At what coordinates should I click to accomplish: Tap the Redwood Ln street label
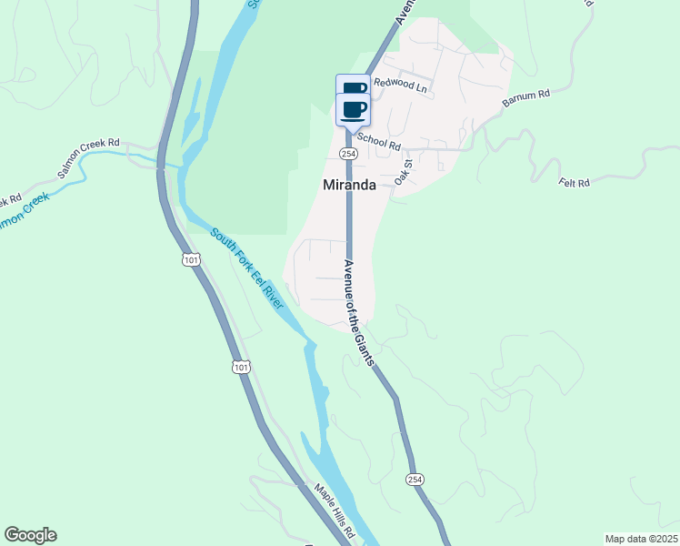400,87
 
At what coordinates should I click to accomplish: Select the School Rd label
379,141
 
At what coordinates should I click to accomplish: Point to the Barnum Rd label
526,100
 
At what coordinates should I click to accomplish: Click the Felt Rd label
575,184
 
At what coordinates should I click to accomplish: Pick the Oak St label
404,172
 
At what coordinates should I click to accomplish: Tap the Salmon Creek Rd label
88,158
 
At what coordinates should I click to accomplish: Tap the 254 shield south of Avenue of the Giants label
415,480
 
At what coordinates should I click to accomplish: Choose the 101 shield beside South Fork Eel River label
190,260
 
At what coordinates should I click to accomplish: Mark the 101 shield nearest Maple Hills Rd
238,367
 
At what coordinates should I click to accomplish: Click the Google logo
30,535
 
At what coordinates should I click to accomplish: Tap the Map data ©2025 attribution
641,539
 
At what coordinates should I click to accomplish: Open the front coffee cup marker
355,110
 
